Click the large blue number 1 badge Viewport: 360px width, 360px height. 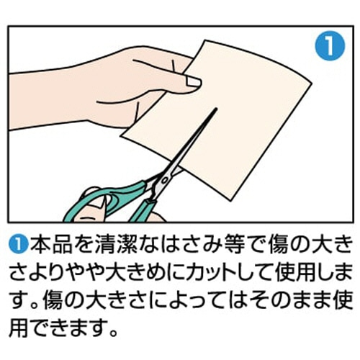point(330,45)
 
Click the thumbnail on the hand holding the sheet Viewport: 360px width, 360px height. point(193,81)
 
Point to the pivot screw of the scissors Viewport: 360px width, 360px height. point(166,180)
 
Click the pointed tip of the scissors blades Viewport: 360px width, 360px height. point(216,109)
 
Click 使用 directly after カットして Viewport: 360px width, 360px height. point(297,273)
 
